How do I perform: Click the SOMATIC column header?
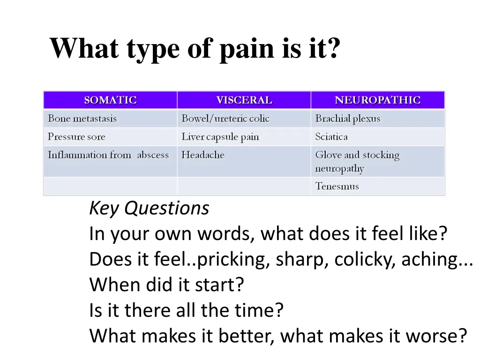110,100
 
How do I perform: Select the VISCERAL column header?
244,100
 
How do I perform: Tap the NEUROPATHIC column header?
377,100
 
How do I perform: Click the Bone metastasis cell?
82,119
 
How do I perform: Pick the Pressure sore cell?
76,137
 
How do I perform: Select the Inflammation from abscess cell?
108,155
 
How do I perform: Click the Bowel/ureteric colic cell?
225,119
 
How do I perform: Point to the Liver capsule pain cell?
220,137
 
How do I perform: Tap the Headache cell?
203,155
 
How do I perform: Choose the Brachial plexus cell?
348,119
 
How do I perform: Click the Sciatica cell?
331,137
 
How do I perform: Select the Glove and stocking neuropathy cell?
357,161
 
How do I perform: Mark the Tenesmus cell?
337,186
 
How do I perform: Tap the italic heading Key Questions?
149,208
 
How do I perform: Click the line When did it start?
167,285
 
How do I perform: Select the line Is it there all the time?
187,310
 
